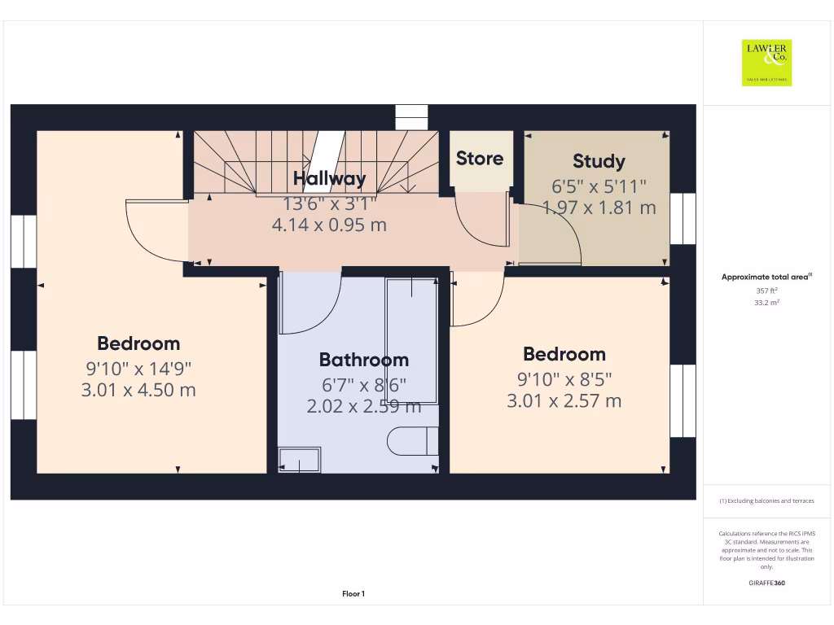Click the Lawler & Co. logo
pyautogui.click(x=766, y=63)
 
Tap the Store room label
pyautogui.click(x=479, y=159)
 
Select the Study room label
pyautogui.click(x=599, y=161)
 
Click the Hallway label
pyautogui.click(x=330, y=178)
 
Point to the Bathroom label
pyautogui.click(x=363, y=360)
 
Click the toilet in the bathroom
pyautogui.click(x=412, y=441)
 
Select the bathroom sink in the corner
pyautogui.click(x=299, y=460)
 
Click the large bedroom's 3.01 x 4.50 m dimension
pyautogui.click(x=138, y=390)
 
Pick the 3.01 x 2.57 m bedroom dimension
pyautogui.click(x=564, y=400)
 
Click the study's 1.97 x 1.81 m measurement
pyautogui.click(x=599, y=208)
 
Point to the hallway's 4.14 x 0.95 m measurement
pyautogui.click(x=329, y=225)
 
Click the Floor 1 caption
pyautogui.click(x=353, y=594)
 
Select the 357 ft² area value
pyautogui.click(x=766, y=290)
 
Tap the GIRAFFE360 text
pyautogui.click(x=766, y=583)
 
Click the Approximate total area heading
pyautogui.click(x=766, y=278)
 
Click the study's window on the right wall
pyautogui.click(x=683, y=219)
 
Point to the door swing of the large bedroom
pyautogui.click(x=155, y=232)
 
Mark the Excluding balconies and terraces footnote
pyautogui.click(x=766, y=501)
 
